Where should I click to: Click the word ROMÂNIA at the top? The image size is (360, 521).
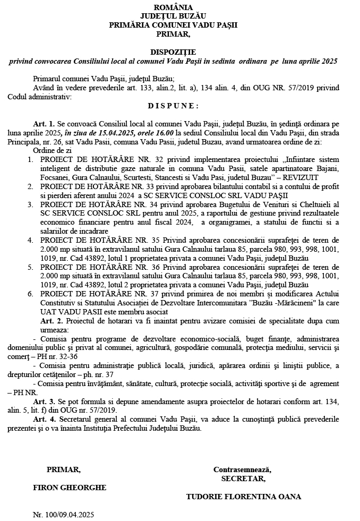click(x=173, y=7)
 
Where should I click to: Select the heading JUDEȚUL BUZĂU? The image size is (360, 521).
click(x=173, y=16)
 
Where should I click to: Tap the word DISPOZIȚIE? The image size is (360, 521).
click(x=173, y=53)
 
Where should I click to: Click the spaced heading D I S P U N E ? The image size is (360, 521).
click(x=173, y=106)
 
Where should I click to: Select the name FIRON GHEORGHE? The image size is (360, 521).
click(x=70, y=487)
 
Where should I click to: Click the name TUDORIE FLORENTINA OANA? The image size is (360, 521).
click(x=244, y=497)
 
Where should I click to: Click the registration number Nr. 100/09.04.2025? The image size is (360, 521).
click(x=64, y=515)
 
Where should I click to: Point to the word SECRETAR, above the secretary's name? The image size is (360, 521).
click(x=243, y=479)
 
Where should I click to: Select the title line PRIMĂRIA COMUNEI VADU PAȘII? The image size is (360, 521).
click(x=173, y=25)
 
